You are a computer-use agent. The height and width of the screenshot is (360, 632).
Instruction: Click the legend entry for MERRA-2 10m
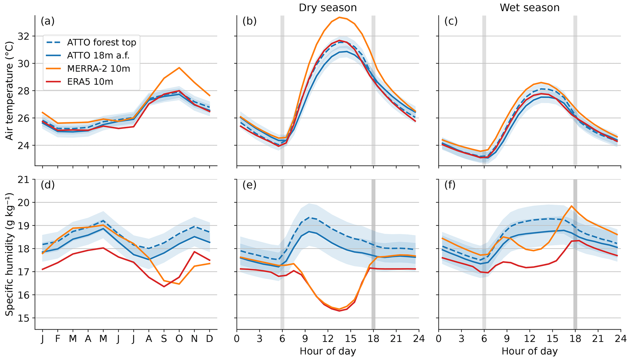[x=98, y=69]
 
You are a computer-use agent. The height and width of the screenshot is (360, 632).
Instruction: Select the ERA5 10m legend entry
[x=90, y=82]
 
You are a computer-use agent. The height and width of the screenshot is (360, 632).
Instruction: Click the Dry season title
[x=327, y=8]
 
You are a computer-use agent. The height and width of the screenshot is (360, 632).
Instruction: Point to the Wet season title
[x=529, y=8]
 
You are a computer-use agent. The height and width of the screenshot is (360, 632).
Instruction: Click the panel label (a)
[x=47, y=21]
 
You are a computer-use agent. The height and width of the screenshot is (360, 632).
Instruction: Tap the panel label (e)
[x=249, y=185]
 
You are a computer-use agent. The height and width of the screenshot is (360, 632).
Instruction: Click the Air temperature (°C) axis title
[x=10, y=91]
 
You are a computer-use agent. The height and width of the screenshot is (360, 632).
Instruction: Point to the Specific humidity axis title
[x=10, y=254]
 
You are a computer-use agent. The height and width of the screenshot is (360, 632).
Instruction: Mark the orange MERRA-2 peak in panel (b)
[x=339, y=17]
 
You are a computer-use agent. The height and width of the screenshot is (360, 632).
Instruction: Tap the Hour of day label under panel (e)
[x=327, y=351]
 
